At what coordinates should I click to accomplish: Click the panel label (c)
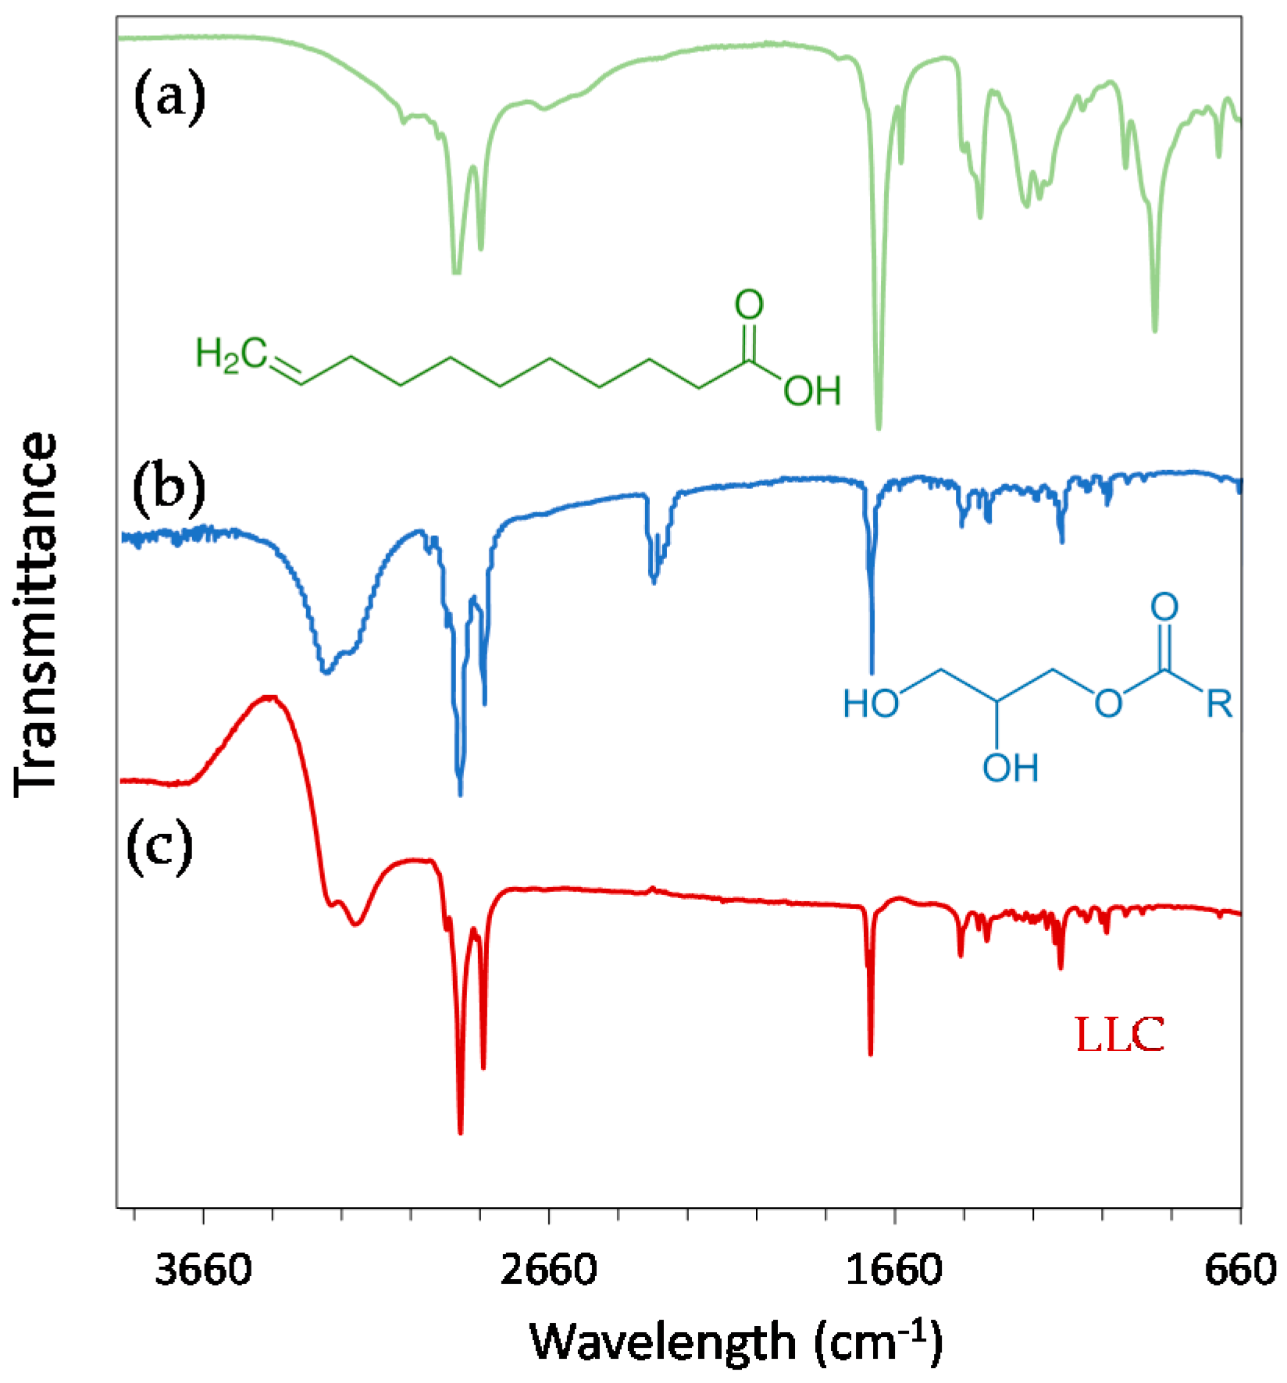(x=160, y=847)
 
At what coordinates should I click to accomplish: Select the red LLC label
(x=1120, y=1036)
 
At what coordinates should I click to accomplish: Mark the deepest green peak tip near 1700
(x=879, y=428)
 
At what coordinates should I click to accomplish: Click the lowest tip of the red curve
(x=461, y=1132)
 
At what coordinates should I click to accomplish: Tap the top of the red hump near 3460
(x=269, y=696)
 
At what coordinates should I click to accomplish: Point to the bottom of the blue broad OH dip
(x=326, y=672)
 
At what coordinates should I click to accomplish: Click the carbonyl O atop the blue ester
(x=1164, y=606)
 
